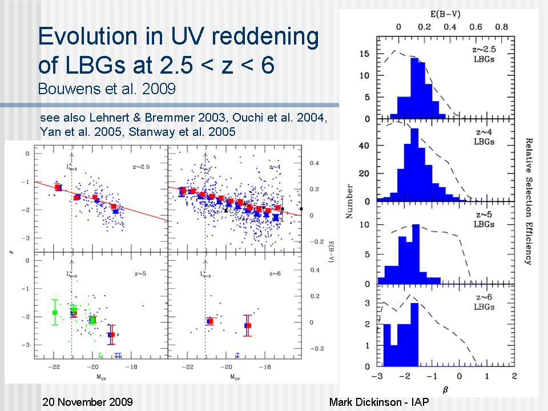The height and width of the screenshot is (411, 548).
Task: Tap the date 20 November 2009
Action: [88, 402]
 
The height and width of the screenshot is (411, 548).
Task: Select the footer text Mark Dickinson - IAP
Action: [379, 402]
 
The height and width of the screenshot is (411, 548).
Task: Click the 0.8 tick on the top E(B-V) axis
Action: [502, 26]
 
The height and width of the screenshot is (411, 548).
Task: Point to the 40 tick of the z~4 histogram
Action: [365, 147]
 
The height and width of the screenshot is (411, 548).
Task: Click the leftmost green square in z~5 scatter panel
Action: [55, 312]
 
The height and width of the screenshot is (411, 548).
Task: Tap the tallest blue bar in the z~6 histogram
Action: [414, 334]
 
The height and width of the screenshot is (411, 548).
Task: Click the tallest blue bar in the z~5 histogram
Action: [414, 254]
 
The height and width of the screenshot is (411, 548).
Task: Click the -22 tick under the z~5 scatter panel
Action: [55, 366]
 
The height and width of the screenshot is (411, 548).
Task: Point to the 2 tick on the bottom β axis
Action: [514, 377]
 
